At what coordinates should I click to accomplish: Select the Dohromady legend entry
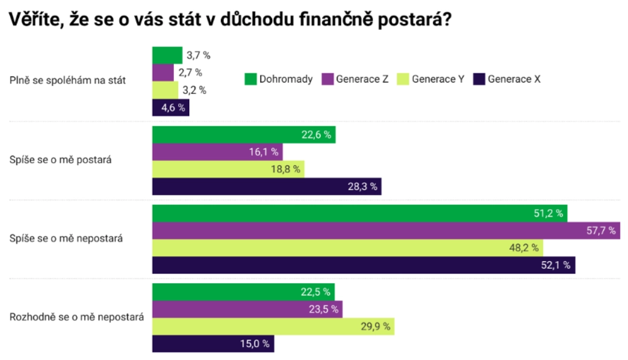pyautogui.click(x=278, y=79)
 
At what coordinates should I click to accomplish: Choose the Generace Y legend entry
pyautogui.click(x=431, y=79)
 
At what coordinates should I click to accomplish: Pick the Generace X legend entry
pyautogui.click(x=508, y=79)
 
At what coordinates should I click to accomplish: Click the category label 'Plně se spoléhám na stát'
pyautogui.click(x=68, y=80)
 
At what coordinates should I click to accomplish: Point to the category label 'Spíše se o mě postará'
pyautogui.click(x=61, y=160)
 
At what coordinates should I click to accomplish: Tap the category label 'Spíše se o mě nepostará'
pyautogui.click(x=66, y=238)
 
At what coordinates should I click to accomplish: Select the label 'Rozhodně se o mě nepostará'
pyautogui.click(x=77, y=317)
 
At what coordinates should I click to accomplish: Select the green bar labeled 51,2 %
pyautogui.click(x=360, y=214)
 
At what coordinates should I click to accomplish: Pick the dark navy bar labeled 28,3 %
pyautogui.click(x=267, y=187)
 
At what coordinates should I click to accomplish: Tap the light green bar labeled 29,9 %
pyautogui.click(x=273, y=327)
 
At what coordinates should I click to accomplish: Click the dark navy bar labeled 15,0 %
pyautogui.click(x=213, y=344)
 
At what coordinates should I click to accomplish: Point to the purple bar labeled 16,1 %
pyautogui.click(x=217, y=152)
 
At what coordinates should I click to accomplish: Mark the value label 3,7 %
pyautogui.click(x=199, y=55)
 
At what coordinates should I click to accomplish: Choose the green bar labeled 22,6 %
pyautogui.click(x=244, y=135)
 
